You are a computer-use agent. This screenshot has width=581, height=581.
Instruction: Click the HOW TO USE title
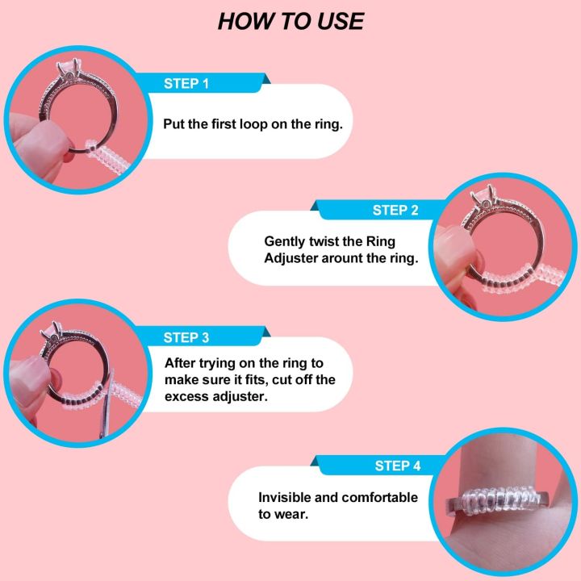click(290, 21)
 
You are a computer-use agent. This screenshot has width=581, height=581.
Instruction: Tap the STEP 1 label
click(186, 84)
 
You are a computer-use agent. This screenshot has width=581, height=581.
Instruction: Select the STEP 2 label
click(395, 211)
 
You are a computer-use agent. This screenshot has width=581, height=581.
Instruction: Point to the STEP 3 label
click(186, 338)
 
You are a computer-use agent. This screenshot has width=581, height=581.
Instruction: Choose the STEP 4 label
click(398, 466)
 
